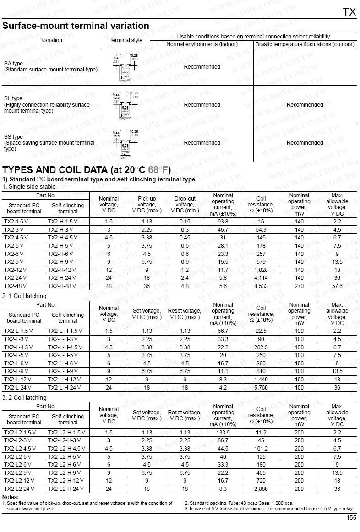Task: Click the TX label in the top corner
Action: point(349,12)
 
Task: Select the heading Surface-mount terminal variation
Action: point(76,26)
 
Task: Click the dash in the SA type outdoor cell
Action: point(305,67)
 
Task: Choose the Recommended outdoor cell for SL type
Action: point(305,105)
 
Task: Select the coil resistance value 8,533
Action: point(261,286)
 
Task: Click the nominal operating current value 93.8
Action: point(223,221)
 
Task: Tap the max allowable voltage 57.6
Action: point(337,286)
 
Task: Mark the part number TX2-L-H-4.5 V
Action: point(65,347)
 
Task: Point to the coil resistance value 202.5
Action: point(261,347)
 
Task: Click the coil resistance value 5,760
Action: point(261,387)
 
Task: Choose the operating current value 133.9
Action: point(223,432)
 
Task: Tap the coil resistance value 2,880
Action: point(261,489)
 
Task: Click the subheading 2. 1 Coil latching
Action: point(24,296)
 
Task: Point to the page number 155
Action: point(351,517)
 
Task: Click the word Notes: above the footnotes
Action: point(11,497)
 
